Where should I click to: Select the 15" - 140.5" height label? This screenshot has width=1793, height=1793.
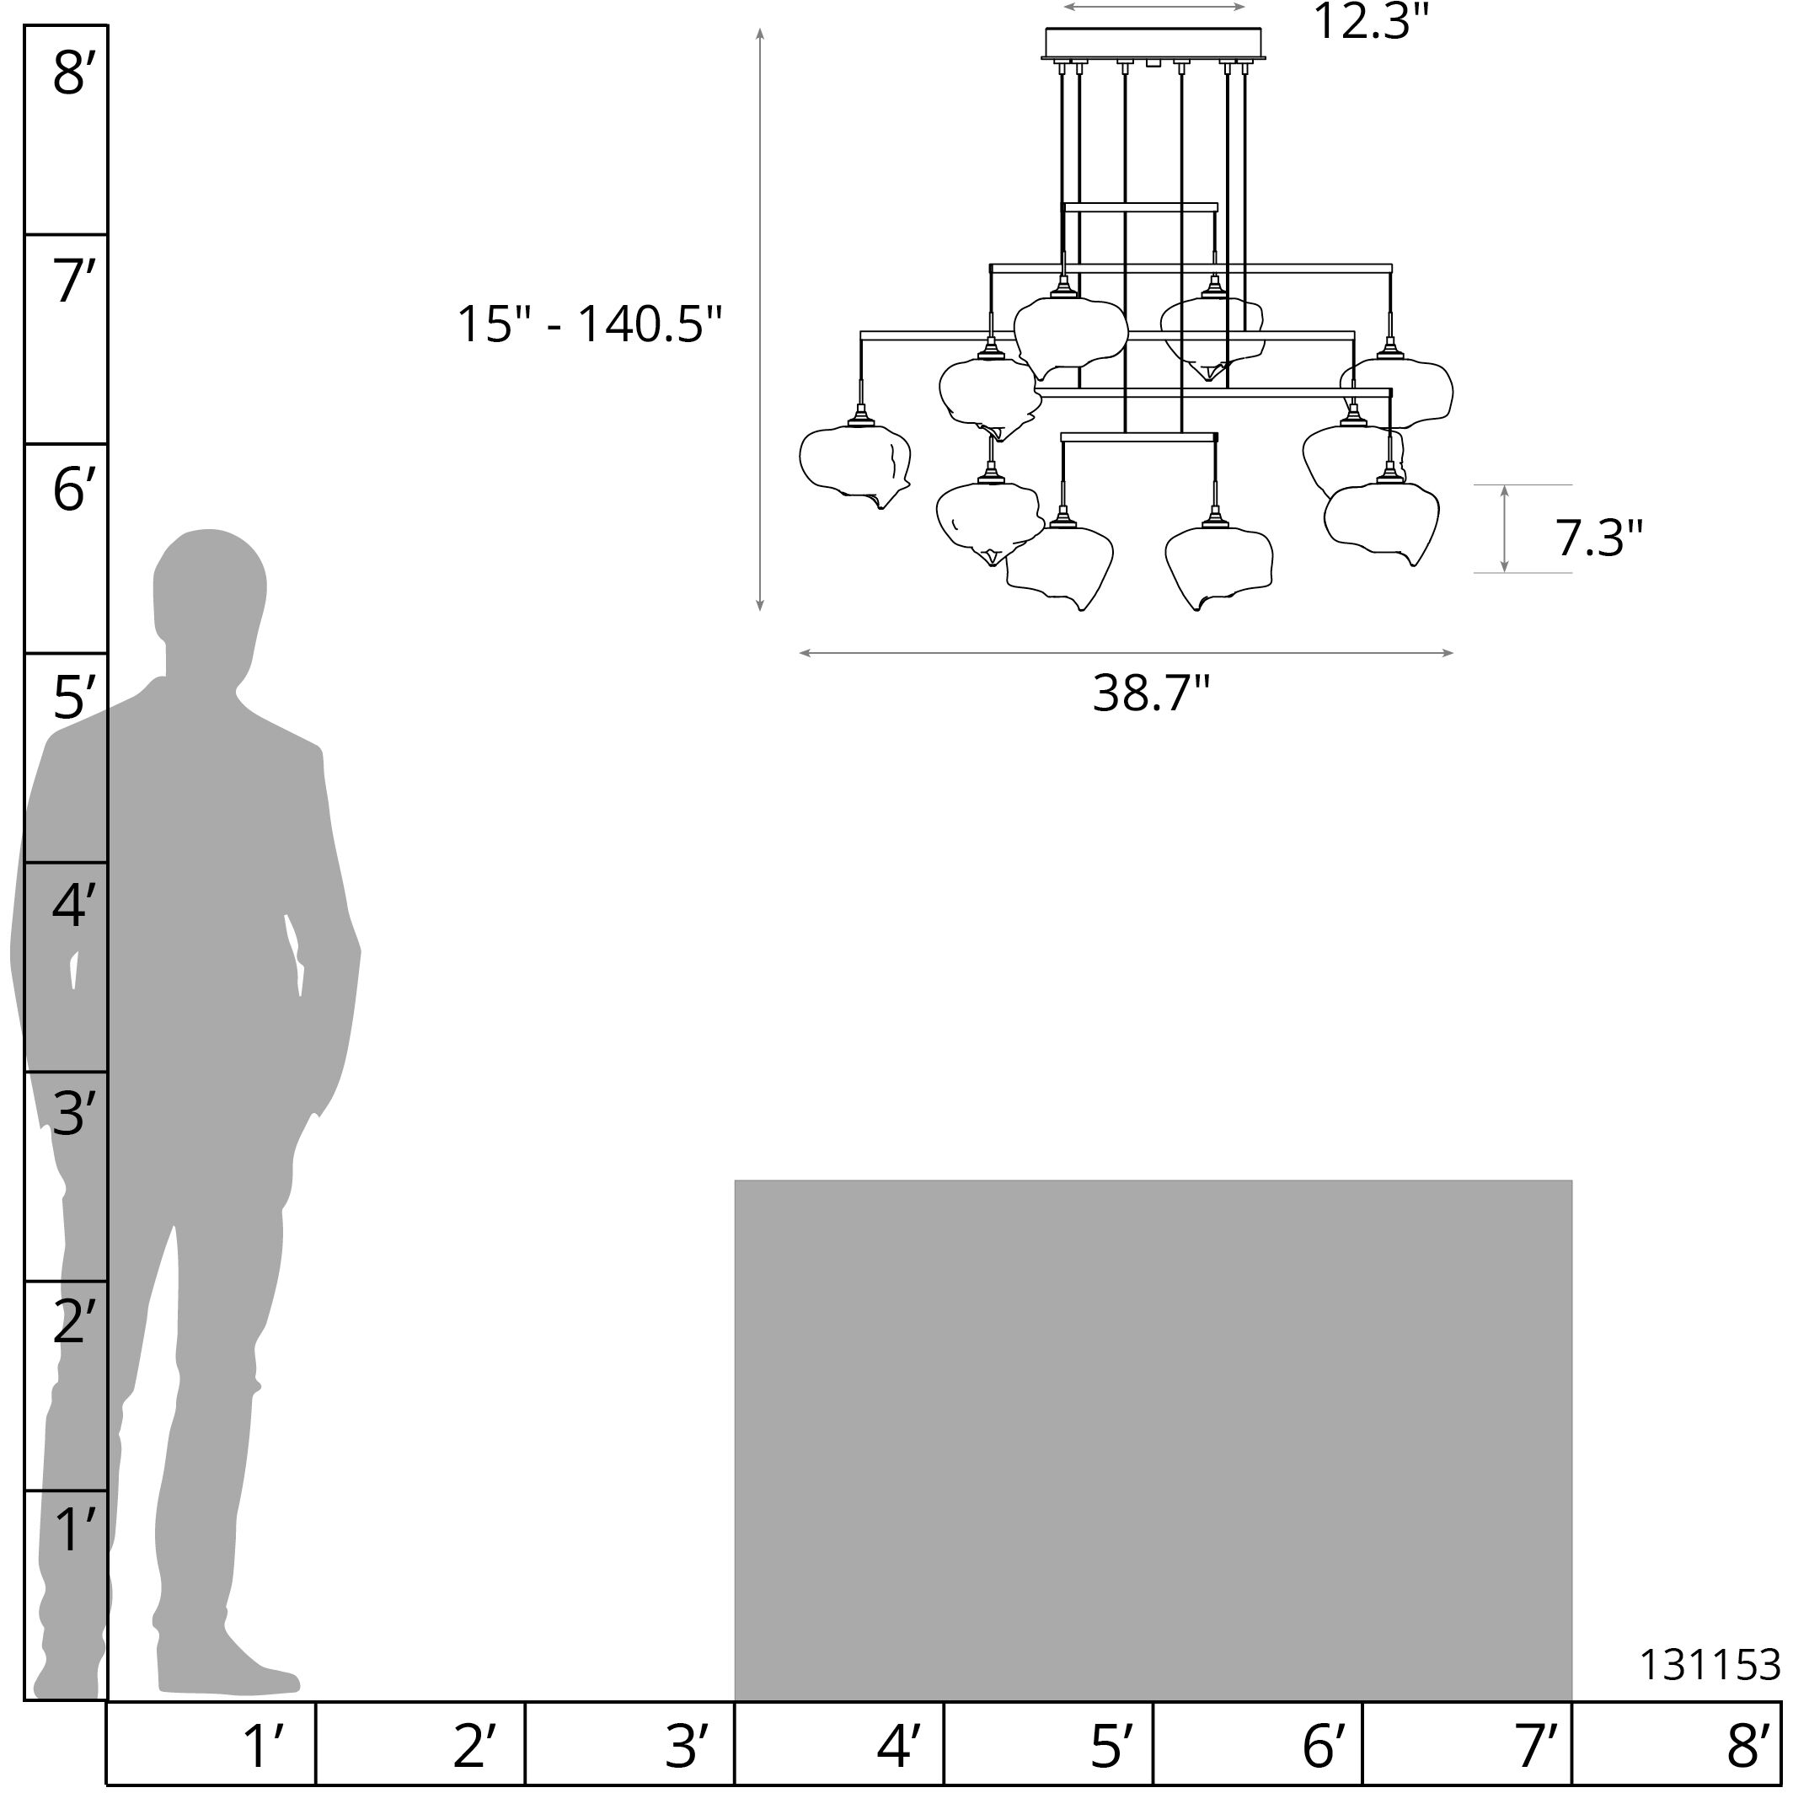point(589,325)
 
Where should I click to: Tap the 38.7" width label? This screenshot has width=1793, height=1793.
point(1152,693)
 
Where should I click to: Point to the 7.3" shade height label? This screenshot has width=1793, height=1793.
point(1599,538)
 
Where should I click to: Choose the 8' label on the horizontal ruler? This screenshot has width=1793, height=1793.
point(1749,1746)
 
